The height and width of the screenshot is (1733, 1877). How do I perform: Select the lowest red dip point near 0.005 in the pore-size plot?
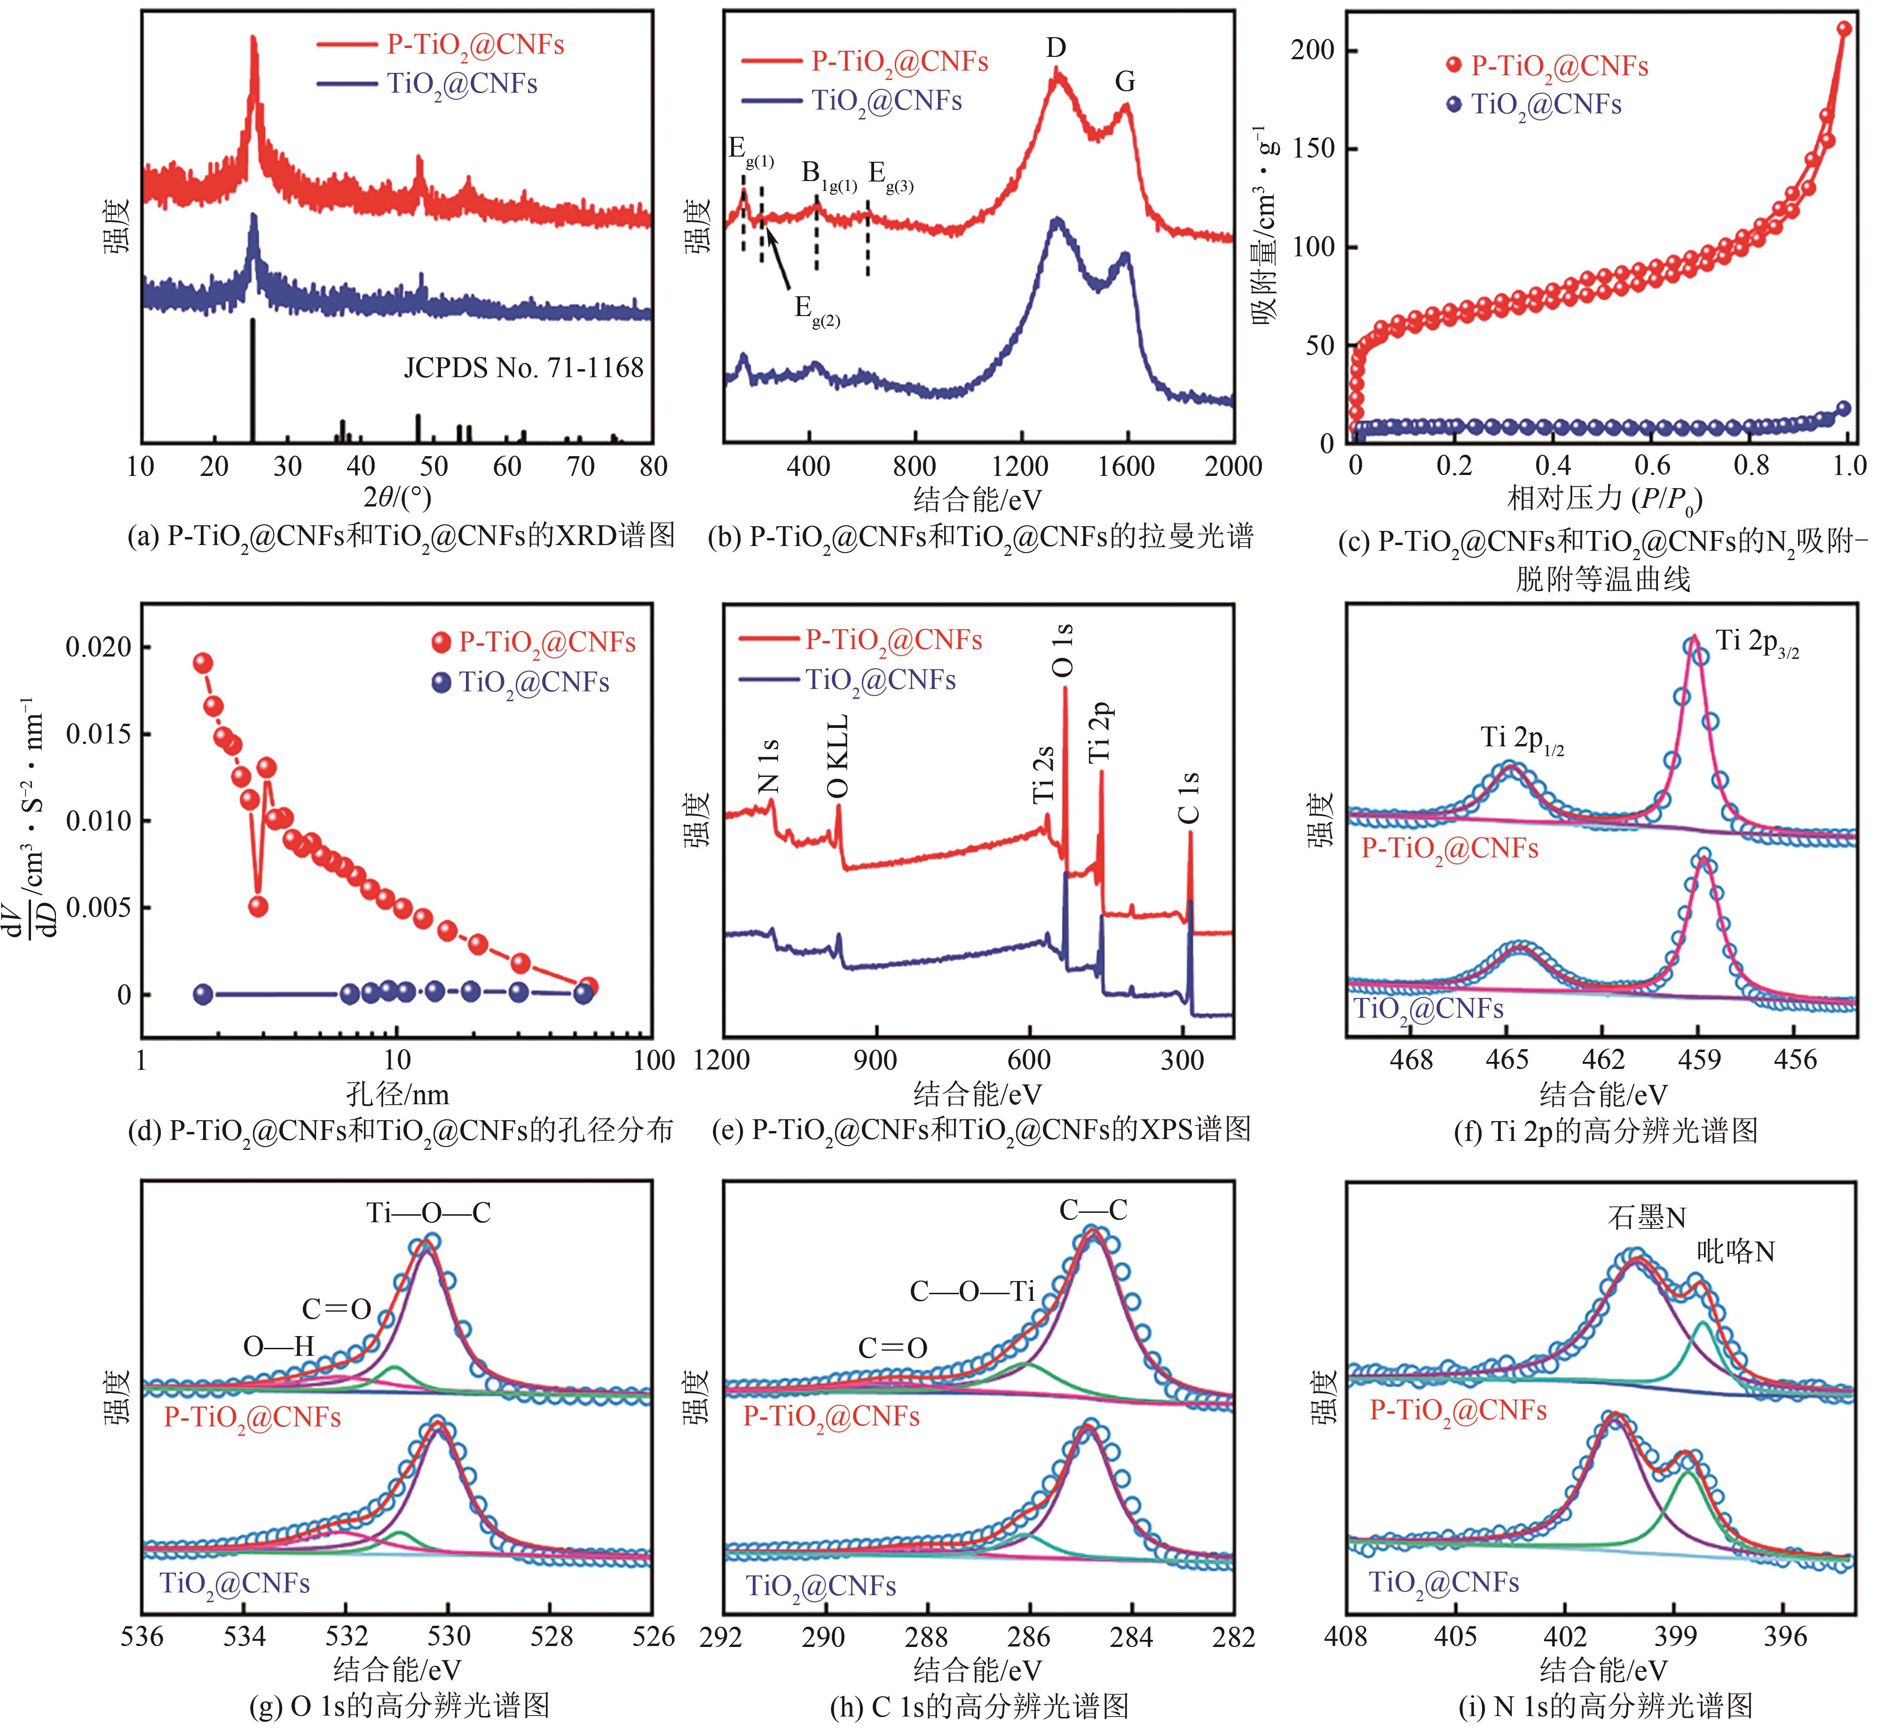[x=259, y=906]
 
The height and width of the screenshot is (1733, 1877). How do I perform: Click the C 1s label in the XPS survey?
[x=1189, y=797]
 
